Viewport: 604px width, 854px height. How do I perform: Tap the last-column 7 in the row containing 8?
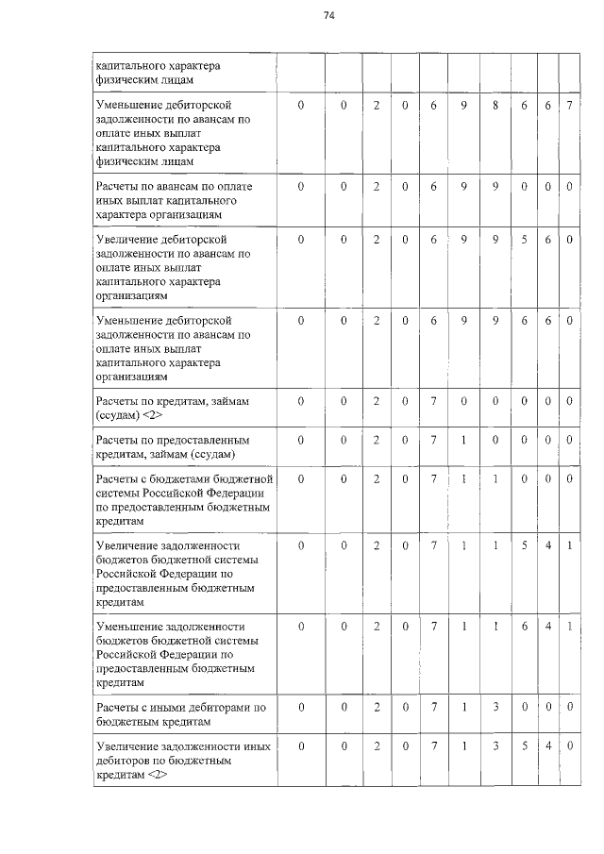pyautogui.click(x=569, y=105)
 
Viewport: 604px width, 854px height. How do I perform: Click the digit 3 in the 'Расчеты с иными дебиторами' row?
pyautogui.click(x=495, y=706)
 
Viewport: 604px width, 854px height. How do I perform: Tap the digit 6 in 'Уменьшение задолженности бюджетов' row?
pyautogui.click(x=524, y=626)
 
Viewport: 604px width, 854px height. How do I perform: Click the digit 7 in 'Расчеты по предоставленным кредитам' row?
pyautogui.click(x=433, y=440)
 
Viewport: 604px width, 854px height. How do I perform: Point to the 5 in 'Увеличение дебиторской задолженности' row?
pyautogui.click(x=524, y=240)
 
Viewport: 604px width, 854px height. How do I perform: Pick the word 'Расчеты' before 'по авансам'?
pyautogui.click(x=121, y=187)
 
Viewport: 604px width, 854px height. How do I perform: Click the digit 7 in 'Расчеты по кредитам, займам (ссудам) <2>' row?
pyautogui.click(x=433, y=401)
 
